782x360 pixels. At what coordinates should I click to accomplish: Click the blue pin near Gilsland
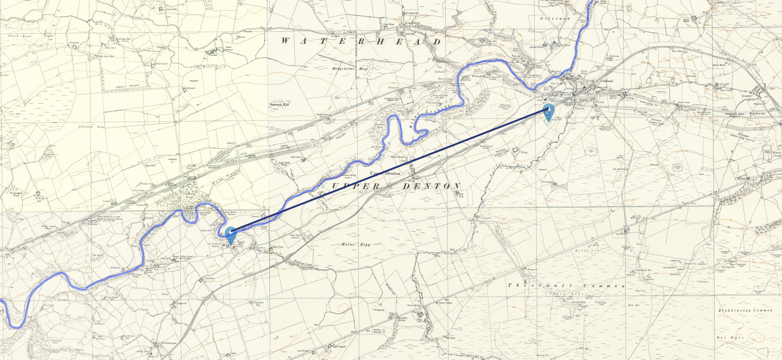(549, 111)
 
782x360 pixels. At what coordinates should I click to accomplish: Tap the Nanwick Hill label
(279, 105)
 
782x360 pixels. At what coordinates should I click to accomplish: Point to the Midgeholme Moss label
(349, 69)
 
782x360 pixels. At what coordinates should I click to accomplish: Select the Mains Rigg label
(356, 244)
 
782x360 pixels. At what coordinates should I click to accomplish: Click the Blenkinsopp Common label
(745, 310)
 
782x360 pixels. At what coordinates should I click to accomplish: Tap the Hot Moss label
(730, 338)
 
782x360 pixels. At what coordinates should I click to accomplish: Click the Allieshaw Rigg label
(92, 127)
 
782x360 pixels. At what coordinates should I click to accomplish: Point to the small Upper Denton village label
(385, 173)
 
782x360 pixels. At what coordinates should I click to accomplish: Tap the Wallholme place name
(115, 268)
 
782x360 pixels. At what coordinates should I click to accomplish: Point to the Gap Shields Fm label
(621, 234)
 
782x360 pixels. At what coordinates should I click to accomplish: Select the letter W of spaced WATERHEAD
(285, 41)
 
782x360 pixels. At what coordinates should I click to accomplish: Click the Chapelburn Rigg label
(259, 303)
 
